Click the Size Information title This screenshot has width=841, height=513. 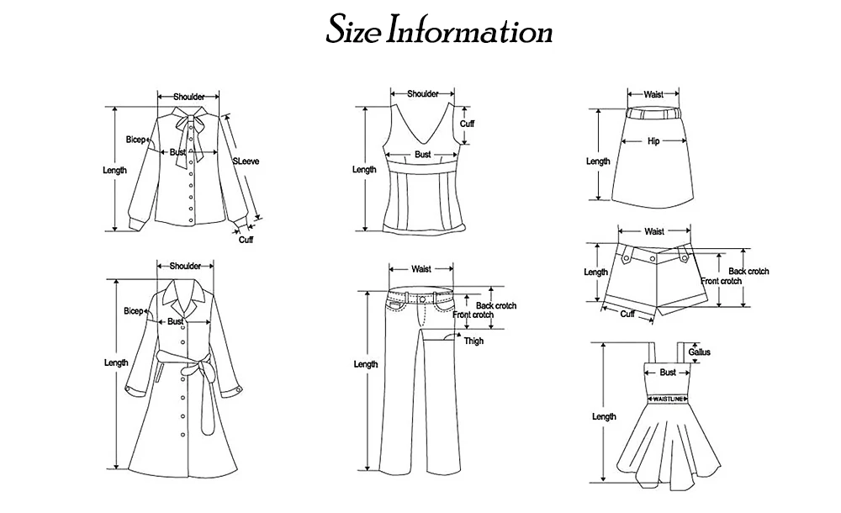(x=439, y=32)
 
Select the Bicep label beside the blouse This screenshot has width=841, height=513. (x=135, y=139)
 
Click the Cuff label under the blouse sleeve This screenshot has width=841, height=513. (x=246, y=240)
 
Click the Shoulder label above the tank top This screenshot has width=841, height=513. (x=422, y=94)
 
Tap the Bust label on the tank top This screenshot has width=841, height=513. (x=422, y=155)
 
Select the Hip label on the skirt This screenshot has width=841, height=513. (x=653, y=141)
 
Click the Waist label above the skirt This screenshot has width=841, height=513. (x=653, y=95)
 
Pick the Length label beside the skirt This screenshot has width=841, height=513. (x=598, y=161)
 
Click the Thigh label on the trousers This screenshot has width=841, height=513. (x=473, y=341)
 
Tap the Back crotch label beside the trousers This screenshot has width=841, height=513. (x=496, y=305)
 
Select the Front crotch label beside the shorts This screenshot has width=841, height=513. (x=721, y=281)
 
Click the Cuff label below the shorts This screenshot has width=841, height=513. (x=627, y=314)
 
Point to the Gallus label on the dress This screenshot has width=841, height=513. (x=700, y=352)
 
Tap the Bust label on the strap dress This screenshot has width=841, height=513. (x=668, y=372)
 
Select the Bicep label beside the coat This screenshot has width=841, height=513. (x=134, y=311)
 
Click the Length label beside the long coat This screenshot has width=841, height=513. (x=116, y=363)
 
